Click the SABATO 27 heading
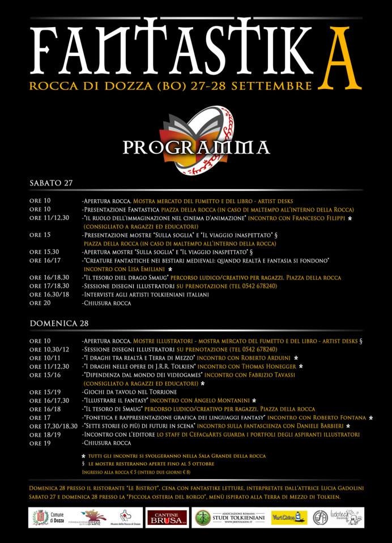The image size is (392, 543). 50,183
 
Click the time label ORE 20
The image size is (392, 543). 40,303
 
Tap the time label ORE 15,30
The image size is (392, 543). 44,252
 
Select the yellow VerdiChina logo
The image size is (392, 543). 289,517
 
